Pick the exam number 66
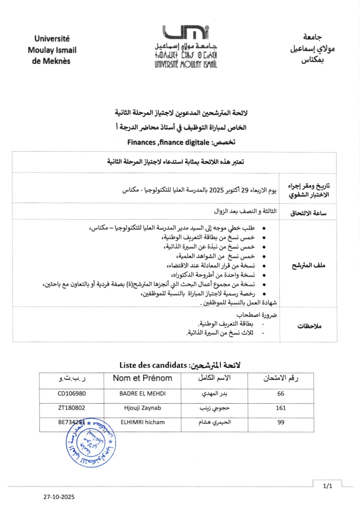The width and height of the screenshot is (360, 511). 280,393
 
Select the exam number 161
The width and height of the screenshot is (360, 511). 280,408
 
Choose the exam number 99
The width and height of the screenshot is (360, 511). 280,422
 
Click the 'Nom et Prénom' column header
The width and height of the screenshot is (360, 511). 142,378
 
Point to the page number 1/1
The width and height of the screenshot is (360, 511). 327,485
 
